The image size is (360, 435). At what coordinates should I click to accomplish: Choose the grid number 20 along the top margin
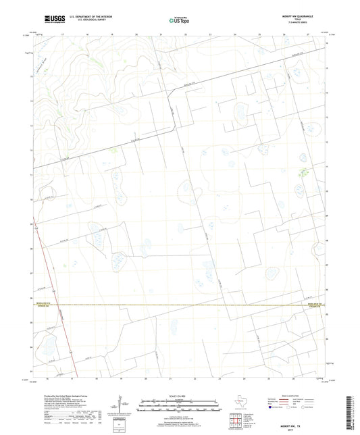pos(136,33)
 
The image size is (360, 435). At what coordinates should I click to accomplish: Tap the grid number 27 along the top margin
pos(308,33)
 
